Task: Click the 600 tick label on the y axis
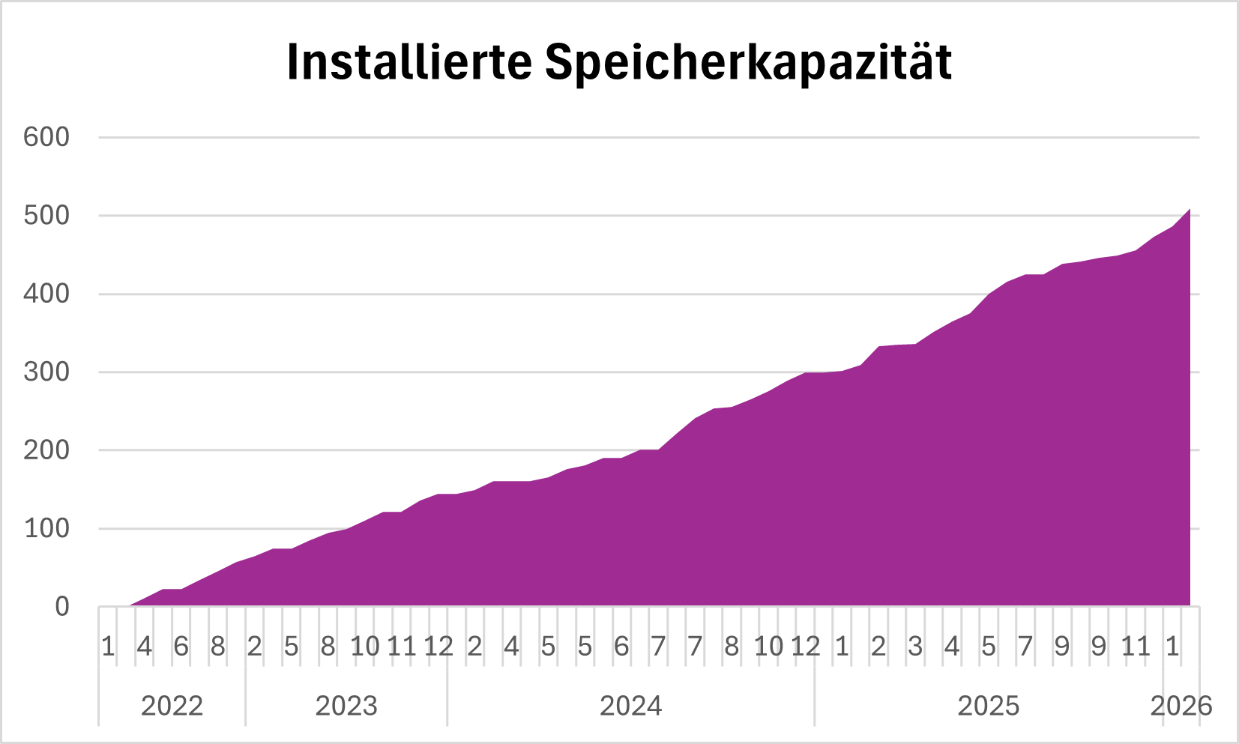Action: (x=46, y=137)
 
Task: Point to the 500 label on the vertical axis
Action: (x=46, y=216)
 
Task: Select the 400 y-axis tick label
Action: (x=46, y=294)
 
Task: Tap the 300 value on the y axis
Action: (x=46, y=372)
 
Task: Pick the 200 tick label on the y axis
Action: (x=46, y=450)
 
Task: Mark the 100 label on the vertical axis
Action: (x=46, y=528)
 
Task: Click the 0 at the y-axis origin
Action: (x=62, y=607)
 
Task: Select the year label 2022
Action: (x=172, y=706)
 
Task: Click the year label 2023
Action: (x=346, y=706)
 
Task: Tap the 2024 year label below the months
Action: (x=631, y=706)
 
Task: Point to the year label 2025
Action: (x=989, y=706)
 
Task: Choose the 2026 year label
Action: (x=1181, y=706)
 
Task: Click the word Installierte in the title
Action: (x=409, y=61)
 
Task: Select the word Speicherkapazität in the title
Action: (x=748, y=63)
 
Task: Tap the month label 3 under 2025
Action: (x=915, y=646)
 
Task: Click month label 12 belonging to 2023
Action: (x=438, y=646)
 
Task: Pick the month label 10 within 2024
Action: (x=768, y=646)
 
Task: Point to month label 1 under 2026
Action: (x=1172, y=646)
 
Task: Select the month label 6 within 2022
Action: (x=181, y=646)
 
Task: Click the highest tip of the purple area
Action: (x=1190, y=210)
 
